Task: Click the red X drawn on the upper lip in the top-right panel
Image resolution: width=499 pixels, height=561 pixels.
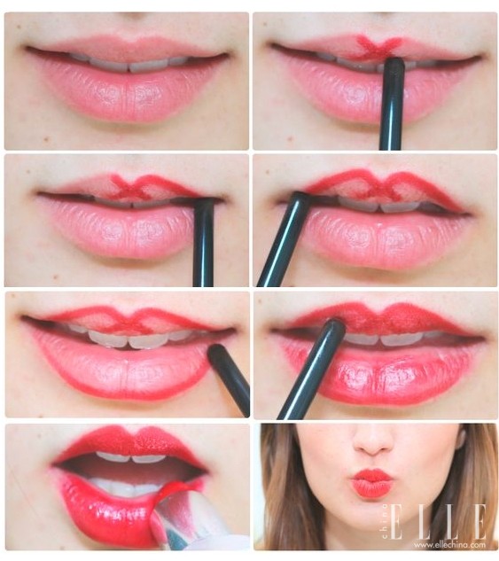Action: pyautogui.click(x=376, y=48)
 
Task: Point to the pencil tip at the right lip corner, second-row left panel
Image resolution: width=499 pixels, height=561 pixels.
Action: pyautogui.click(x=204, y=203)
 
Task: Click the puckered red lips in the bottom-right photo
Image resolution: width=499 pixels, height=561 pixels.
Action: pyautogui.click(x=372, y=483)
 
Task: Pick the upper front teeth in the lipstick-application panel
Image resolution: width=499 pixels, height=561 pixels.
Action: pyautogui.click(x=130, y=457)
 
